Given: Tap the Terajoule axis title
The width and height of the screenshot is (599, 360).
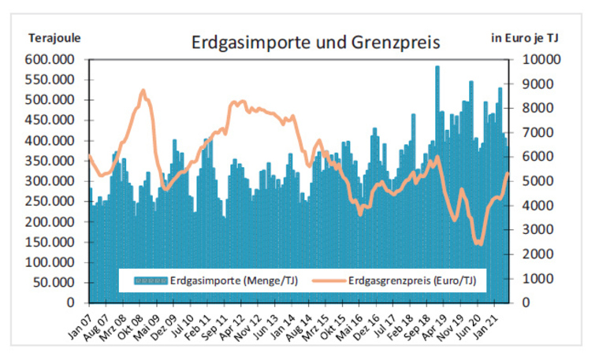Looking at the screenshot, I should point(54,37).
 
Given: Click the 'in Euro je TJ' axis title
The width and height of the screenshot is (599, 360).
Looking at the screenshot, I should point(526,37).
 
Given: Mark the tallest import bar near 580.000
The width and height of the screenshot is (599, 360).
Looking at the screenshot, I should point(437,68).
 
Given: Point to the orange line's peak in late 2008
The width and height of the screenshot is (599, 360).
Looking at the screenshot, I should point(143,91).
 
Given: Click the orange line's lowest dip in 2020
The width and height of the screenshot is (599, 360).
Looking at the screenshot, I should point(478,243).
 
